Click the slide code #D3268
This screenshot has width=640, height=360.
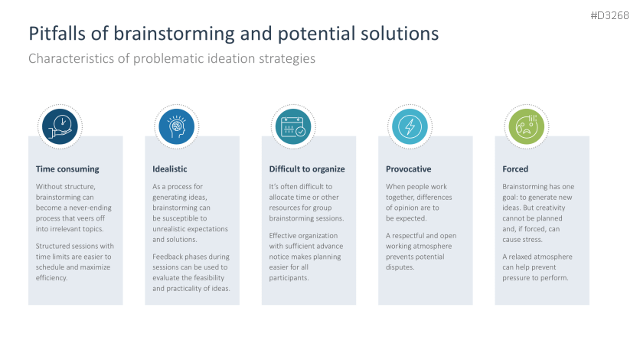609,15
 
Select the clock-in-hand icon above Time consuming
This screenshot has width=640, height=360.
60,125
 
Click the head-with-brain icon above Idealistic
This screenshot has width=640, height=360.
177,125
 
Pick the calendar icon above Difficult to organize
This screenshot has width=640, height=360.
293,125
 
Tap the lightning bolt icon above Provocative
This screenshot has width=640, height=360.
410,125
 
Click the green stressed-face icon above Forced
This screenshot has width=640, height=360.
527,125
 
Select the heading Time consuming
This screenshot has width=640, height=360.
67,169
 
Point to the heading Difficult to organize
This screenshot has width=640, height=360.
307,169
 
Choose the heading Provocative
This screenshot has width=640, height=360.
409,169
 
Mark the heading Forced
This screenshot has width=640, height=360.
515,169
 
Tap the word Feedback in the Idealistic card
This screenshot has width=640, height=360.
171,257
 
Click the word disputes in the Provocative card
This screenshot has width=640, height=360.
400,267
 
